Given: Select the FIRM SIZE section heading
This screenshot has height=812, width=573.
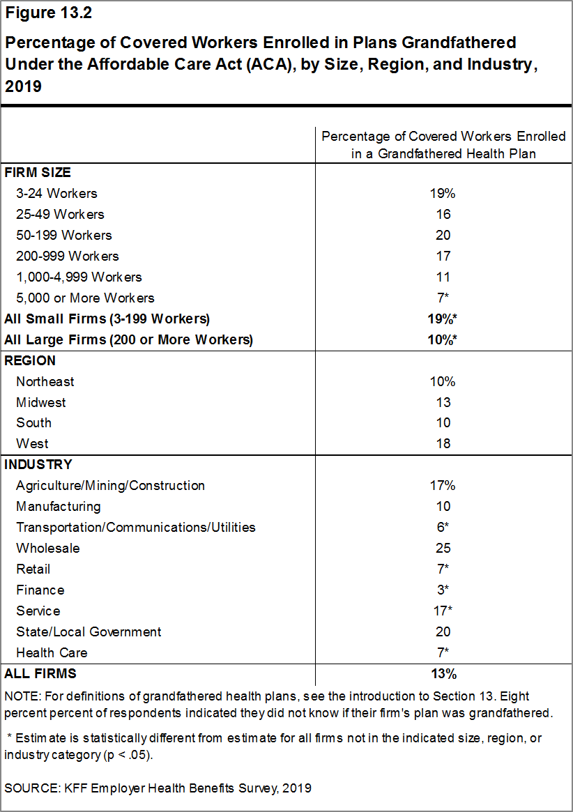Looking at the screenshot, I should [38, 172].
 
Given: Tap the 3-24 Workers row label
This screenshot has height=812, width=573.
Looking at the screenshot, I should [56, 193].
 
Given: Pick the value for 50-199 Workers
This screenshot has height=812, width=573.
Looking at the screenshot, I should [443, 235].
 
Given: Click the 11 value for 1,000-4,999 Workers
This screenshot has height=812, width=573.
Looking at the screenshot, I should [443, 277].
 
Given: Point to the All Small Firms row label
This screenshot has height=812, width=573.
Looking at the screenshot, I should [107, 319].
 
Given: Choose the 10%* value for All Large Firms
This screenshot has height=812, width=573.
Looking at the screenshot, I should [443, 339].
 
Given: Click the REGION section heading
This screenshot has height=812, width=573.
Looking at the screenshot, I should [30, 360].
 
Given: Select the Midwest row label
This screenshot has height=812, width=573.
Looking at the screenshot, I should [41, 402].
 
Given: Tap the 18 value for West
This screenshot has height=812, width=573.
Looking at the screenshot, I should [443, 443].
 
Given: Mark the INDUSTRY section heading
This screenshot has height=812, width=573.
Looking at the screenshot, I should [38, 464].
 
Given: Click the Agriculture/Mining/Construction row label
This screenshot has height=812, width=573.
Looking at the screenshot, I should [110, 485].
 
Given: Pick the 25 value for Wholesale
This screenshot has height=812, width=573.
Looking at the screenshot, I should [443, 548].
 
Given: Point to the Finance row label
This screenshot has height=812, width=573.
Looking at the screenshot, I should [40, 590].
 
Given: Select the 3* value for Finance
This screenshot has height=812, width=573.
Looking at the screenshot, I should [443, 590].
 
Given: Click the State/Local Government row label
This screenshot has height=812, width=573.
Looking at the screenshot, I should [89, 631].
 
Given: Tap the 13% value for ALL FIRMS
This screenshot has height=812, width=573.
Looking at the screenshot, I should [443, 673].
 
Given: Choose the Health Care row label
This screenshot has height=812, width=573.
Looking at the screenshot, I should [52, 652].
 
